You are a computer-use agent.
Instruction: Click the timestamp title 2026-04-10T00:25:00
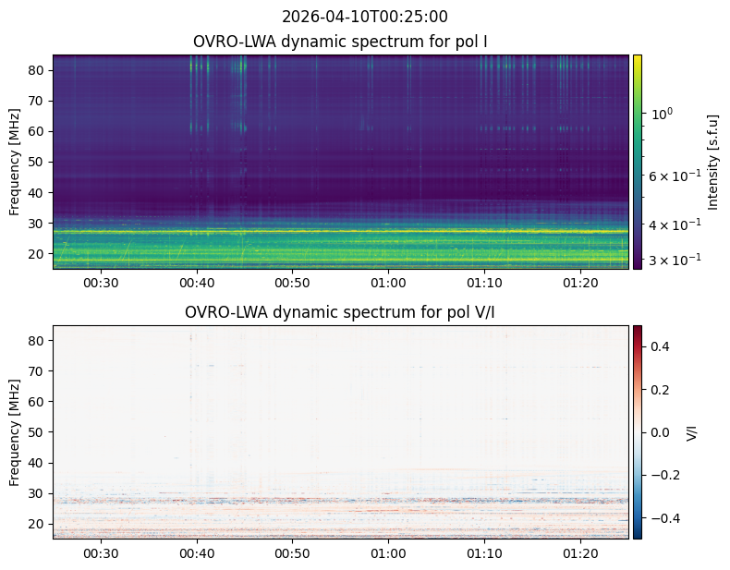(364, 17)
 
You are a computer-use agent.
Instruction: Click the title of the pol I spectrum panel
(340, 42)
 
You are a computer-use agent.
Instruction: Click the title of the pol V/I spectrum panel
(339, 312)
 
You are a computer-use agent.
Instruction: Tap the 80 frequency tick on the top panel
(37, 70)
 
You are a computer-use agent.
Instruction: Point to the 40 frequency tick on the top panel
(37, 193)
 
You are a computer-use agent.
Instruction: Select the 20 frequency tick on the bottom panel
(37, 524)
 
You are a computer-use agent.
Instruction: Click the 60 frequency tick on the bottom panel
(37, 402)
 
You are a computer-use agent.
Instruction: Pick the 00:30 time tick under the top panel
(101, 283)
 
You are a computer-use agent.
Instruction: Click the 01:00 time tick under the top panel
(388, 283)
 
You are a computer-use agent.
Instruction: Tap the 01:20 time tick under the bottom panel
(580, 553)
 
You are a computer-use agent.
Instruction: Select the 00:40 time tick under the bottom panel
(197, 553)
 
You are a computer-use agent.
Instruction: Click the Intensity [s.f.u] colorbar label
(712, 162)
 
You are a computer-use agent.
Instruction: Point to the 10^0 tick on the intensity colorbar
(661, 113)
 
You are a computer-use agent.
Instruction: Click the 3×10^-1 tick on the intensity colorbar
(675, 260)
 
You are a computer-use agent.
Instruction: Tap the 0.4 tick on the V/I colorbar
(660, 346)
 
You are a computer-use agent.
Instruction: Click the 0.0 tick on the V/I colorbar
(660, 432)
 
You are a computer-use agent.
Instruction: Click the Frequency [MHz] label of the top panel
(15, 162)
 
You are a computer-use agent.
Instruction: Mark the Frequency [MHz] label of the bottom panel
(15, 432)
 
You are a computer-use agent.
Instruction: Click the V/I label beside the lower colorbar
(692, 432)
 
